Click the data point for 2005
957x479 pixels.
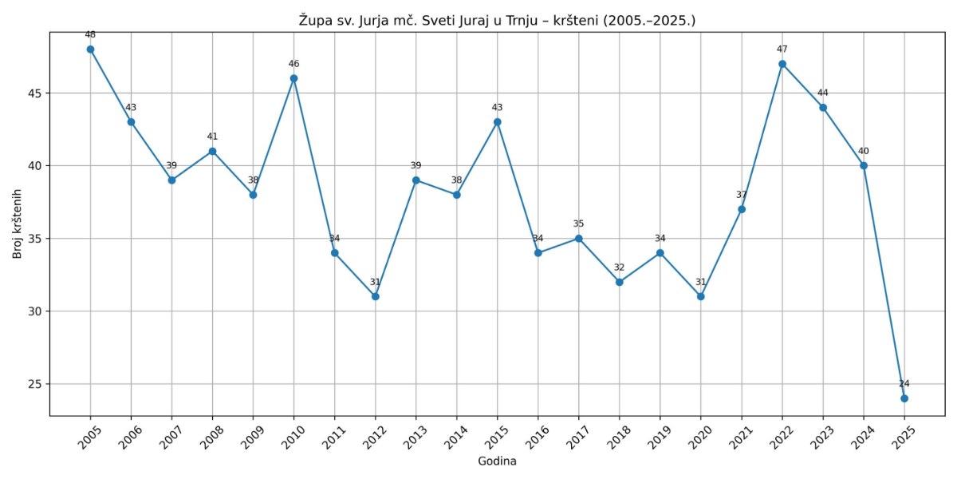click(90, 49)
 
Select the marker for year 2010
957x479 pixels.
click(293, 78)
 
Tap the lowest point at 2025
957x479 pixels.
click(904, 398)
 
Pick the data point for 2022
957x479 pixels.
click(782, 64)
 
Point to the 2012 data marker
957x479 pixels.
click(375, 296)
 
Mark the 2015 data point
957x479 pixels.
click(497, 122)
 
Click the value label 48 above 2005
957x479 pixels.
click(90, 34)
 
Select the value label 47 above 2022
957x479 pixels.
click(782, 49)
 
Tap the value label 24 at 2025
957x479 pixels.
click(904, 384)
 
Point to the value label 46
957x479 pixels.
click(293, 64)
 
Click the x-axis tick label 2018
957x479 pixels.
click(618, 437)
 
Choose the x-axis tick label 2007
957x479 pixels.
click(171, 437)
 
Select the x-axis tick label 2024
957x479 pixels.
click(862, 437)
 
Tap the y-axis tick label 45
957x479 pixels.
click(35, 93)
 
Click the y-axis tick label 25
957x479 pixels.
click(35, 384)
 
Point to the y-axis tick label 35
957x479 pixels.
click(35, 239)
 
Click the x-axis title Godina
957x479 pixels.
click(496, 461)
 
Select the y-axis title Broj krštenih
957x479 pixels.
click(17, 225)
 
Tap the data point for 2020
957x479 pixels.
click(700, 296)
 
